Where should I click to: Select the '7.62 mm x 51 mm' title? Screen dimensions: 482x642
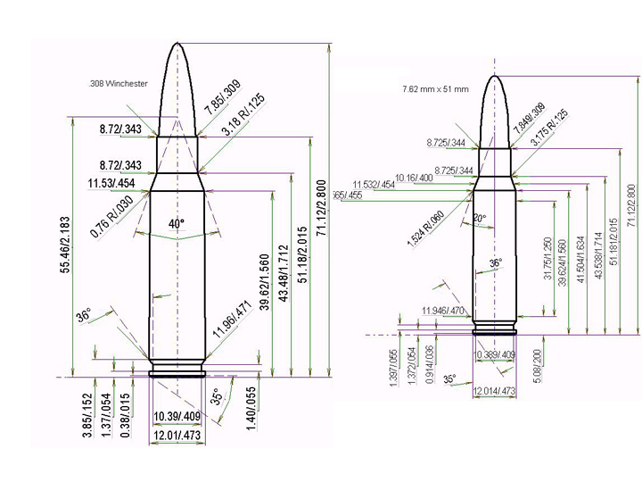click(437, 90)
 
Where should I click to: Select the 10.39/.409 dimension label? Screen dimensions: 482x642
click(177, 417)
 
